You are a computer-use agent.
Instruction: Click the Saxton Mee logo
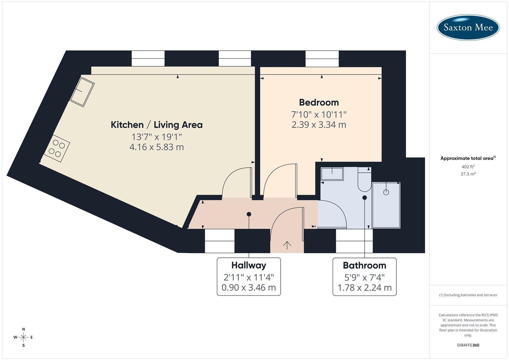(468, 27)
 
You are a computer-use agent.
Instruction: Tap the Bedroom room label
(319, 102)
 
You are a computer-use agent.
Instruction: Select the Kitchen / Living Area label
(156, 125)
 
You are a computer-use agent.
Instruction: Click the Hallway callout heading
(249, 265)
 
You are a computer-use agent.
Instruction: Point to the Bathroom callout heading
(364, 265)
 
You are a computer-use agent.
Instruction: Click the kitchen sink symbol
(82, 92)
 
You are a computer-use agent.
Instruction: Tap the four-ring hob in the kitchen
(57, 148)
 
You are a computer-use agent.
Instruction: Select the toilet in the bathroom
(364, 180)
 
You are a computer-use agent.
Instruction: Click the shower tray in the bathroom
(386, 205)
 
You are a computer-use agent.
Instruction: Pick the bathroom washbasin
(332, 174)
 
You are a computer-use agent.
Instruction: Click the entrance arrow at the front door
(287, 245)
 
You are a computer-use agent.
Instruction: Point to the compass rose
(23, 337)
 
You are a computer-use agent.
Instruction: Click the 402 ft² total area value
(468, 167)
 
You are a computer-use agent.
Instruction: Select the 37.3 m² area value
(468, 174)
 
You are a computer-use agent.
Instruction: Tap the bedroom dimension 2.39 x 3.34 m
(319, 125)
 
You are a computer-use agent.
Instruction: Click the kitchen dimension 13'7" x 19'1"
(156, 137)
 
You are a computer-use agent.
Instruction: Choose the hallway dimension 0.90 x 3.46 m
(249, 287)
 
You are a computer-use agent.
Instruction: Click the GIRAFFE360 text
(468, 345)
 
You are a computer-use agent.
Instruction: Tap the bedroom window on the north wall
(322, 59)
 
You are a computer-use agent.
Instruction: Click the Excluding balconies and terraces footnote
(468, 295)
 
